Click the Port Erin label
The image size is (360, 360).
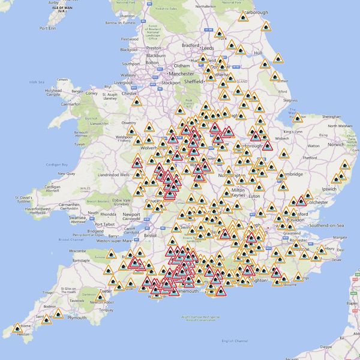click(47, 28)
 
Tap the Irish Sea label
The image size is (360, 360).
click(37, 82)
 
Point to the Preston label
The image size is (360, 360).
click(154, 48)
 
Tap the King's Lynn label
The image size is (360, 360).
click(293, 131)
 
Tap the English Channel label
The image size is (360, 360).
click(235, 341)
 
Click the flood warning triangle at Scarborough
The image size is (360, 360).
click(243, 17)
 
